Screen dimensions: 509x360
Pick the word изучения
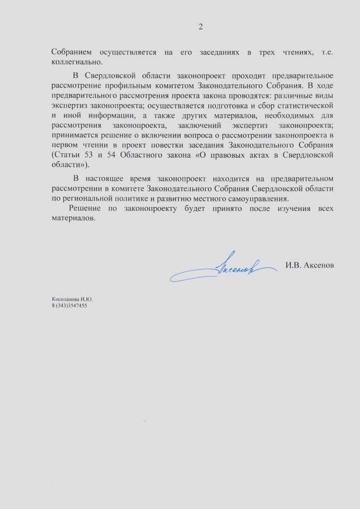[x=283, y=209]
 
